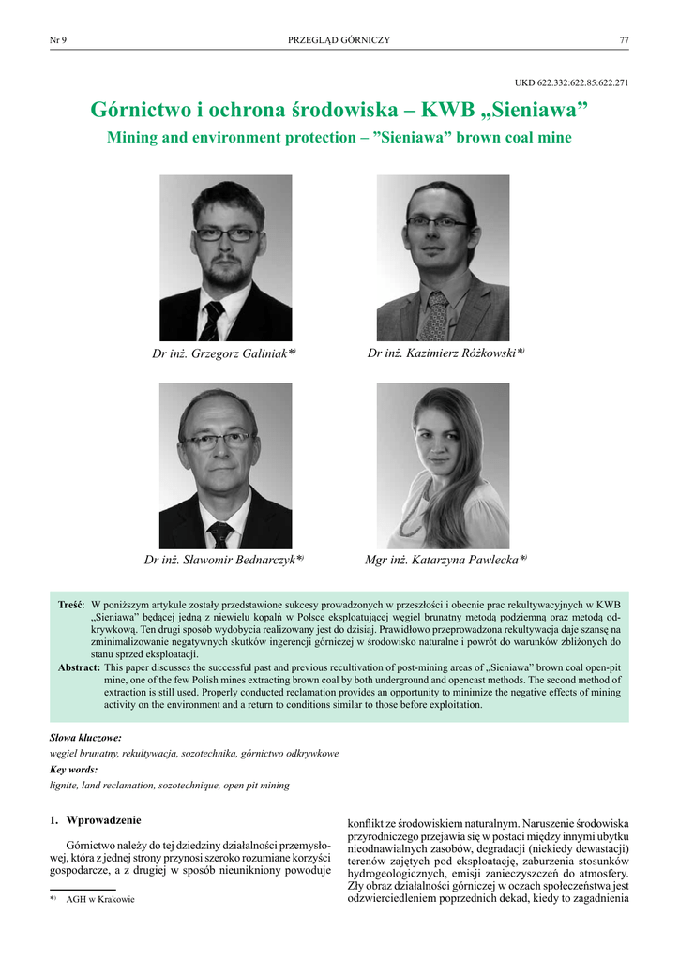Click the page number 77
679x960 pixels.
click(x=624, y=40)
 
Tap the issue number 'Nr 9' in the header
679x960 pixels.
click(x=57, y=40)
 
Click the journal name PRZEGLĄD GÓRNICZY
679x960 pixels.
click(x=339, y=40)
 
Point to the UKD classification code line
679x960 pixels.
click(x=571, y=82)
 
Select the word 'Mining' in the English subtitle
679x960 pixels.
click(x=134, y=137)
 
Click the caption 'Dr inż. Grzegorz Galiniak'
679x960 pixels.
click(x=223, y=353)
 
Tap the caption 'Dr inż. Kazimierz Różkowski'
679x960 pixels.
click(x=444, y=352)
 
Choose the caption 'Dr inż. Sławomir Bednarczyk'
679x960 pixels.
click(x=223, y=560)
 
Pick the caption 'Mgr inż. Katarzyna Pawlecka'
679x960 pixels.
click(x=444, y=560)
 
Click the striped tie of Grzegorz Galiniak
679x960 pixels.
click(x=212, y=322)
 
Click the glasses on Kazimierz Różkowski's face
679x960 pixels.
click(x=436, y=222)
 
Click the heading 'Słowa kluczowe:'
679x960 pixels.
click(x=85, y=738)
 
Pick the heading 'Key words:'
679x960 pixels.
click(x=73, y=769)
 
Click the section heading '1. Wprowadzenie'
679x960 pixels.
click(x=95, y=820)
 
